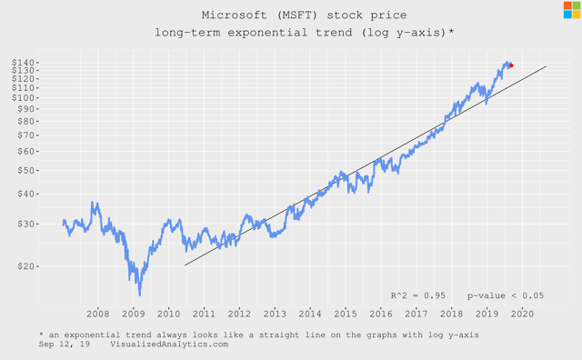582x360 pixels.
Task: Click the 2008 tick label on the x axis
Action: point(98,313)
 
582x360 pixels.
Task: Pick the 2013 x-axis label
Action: point(275,313)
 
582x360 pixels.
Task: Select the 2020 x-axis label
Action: point(522,313)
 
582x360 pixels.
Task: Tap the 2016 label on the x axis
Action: point(380,313)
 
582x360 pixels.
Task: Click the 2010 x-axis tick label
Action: point(169,313)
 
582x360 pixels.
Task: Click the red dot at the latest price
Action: point(511,65)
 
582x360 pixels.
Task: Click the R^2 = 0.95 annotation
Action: point(416,295)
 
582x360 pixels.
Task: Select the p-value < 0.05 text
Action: point(506,295)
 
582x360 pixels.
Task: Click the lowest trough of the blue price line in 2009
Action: point(139,294)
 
